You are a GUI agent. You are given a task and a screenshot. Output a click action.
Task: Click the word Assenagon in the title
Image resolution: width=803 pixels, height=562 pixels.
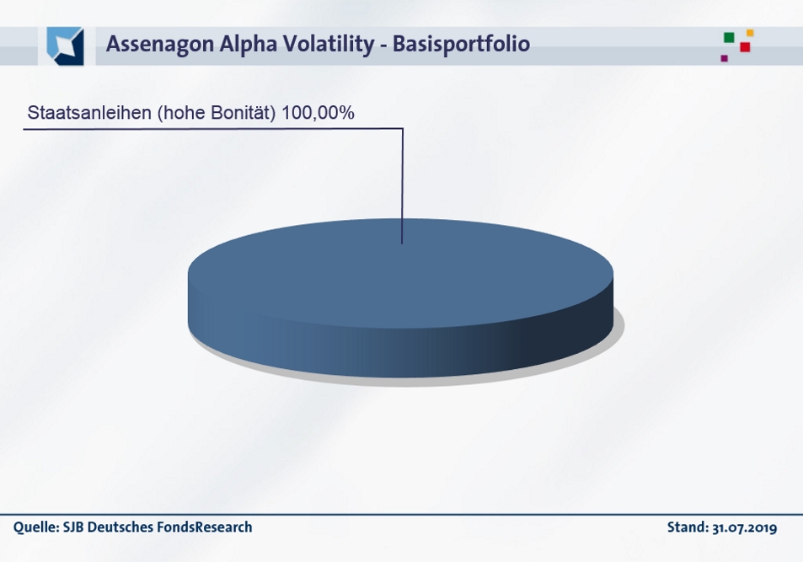tap(160, 44)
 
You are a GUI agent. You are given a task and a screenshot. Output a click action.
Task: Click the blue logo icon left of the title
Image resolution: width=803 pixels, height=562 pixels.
tap(65, 46)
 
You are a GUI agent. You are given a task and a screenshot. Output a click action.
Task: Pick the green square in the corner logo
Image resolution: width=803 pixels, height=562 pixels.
tap(729, 37)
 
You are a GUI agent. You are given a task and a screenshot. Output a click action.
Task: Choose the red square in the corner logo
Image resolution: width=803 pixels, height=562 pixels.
tap(745, 47)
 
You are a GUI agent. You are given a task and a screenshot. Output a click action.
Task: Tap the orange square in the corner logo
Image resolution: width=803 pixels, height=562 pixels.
tap(750, 33)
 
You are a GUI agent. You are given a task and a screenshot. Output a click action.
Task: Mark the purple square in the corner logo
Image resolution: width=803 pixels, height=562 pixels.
tap(724, 58)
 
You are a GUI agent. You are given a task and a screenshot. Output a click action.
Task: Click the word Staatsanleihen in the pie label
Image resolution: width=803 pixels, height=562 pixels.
tap(89, 113)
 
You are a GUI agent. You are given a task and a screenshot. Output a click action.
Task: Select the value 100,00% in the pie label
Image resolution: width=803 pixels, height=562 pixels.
tap(318, 113)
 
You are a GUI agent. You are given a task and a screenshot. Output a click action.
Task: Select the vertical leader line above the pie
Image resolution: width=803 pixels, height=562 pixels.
tap(403, 186)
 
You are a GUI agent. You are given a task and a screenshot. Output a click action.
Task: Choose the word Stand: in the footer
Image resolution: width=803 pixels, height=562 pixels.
tap(688, 527)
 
